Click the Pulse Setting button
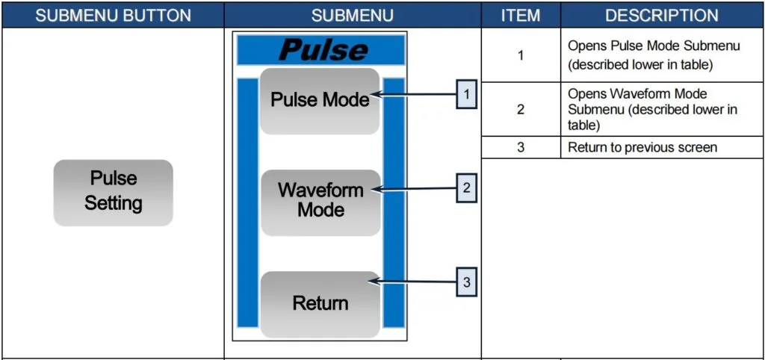113,192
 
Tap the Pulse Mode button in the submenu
320,100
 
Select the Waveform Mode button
320,200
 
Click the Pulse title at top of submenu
321,50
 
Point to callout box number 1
466,95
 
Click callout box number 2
466,188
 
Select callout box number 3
466,282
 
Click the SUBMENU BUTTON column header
113,15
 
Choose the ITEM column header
520,15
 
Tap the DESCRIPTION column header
661,15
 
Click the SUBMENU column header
352,15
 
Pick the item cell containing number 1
520,55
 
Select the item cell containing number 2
520,109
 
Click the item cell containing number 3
520,147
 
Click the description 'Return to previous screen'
642,147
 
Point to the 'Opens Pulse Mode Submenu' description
653,55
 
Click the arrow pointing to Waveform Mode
415,189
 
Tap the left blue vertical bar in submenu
247,202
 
